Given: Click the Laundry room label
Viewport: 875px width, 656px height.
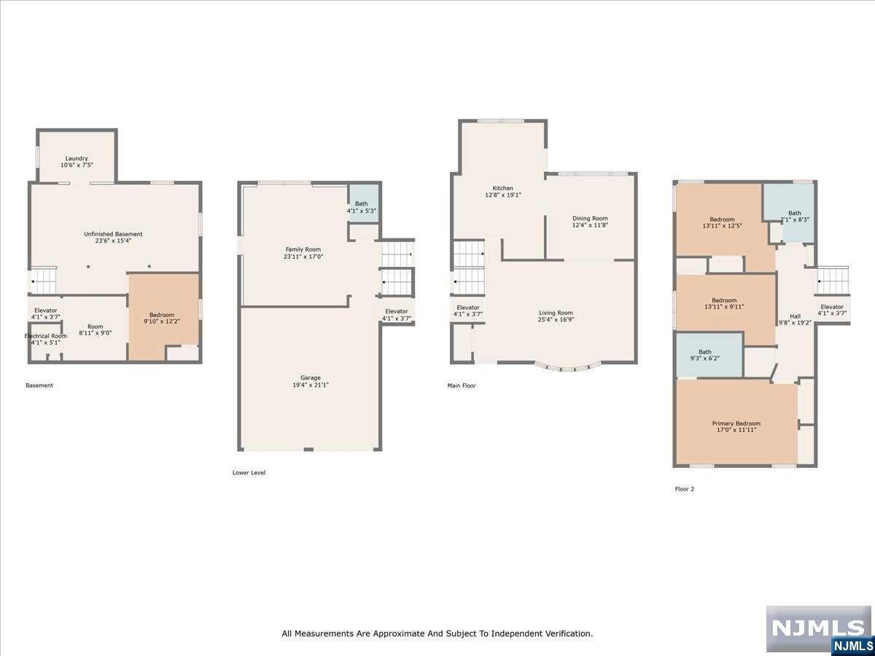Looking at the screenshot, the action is coord(76,158).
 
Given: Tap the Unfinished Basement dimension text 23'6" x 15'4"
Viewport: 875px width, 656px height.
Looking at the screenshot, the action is coord(113,241).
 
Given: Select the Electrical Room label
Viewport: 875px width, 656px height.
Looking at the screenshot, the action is coord(45,336).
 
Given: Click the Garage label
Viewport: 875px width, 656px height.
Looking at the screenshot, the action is coord(311,378).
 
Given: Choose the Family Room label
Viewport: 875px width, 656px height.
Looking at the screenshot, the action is coord(303,249).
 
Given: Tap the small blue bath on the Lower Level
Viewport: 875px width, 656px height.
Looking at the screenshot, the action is coord(363,203).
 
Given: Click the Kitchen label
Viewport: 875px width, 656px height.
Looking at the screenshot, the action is coord(502,188).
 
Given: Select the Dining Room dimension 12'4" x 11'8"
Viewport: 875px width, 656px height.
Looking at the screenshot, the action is coord(590,224).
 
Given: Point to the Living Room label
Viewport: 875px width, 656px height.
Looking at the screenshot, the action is coord(556,313).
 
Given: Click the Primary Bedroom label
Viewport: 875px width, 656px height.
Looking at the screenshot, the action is coord(736,423).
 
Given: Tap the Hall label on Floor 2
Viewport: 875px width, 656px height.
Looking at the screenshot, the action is coord(795,316).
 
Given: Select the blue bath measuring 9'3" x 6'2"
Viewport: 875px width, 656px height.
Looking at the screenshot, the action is coord(709,355).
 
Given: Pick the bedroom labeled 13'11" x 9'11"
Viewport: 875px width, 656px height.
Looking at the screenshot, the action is coord(726,310).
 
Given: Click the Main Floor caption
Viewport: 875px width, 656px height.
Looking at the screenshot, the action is coord(462,386).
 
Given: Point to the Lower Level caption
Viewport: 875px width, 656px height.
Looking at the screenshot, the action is coord(249,472).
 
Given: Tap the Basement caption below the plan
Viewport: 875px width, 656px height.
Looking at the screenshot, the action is coord(39,385).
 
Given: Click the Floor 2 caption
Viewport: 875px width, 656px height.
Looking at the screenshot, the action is coord(685,488).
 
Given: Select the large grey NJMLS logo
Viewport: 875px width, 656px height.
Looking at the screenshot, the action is coord(818,628).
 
